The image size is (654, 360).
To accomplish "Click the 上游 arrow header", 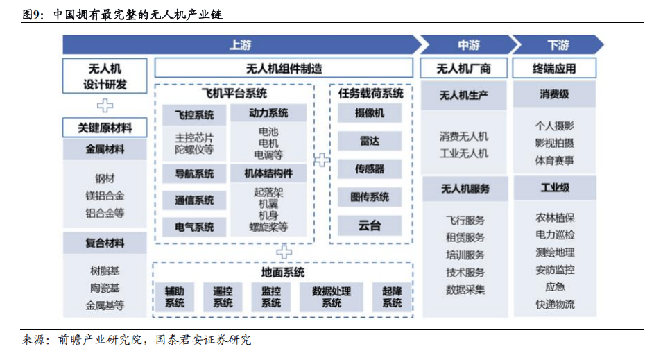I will coord(240,45).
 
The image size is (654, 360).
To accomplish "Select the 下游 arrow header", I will coord(558,45).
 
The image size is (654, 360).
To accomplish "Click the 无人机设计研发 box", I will coord(105,76).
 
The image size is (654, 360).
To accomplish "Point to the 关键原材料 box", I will coord(105,128).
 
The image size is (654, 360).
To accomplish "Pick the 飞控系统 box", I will coord(193,114).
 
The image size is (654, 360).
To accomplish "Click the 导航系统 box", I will coord(193,173).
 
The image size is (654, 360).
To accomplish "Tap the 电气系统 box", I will coord(193,226).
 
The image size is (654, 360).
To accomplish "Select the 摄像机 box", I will coord(369,113).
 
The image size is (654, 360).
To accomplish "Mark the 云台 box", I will coord(369,225).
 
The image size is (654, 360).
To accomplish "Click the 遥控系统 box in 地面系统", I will coord(223,297).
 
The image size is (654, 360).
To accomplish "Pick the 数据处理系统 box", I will coord(332,297).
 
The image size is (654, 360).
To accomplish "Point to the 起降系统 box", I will coord(392,297).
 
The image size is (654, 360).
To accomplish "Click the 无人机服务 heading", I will coord(465,189).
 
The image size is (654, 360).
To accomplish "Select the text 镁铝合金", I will coord(105,196).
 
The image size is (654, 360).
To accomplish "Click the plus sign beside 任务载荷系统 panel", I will coord(322,160).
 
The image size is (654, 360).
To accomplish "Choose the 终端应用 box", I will coord(554,69).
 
